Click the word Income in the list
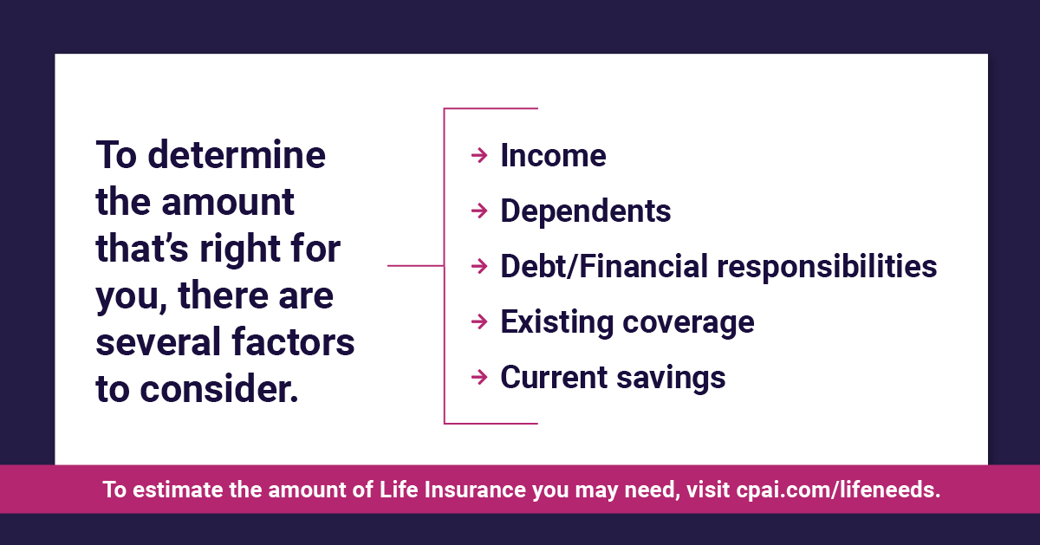click(x=553, y=155)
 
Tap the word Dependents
click(x=586, y=211)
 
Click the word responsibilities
click(x=827, y=268)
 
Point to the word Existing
click(x=557, y=322)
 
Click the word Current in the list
click(x=554, y=377)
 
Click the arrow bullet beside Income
click(x=479, y=155)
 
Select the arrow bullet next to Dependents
click(x=479, y=211)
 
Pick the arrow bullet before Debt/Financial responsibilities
click(x=479, y=267)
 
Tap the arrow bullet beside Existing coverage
click(x=479, y=321)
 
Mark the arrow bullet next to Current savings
click(x=479, y=377)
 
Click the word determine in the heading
click(x=237, y=154)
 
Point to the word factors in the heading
click(x=293, y=342)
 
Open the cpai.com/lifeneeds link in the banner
click(x=838, y=490)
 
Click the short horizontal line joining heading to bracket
click(x=415, y=265)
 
